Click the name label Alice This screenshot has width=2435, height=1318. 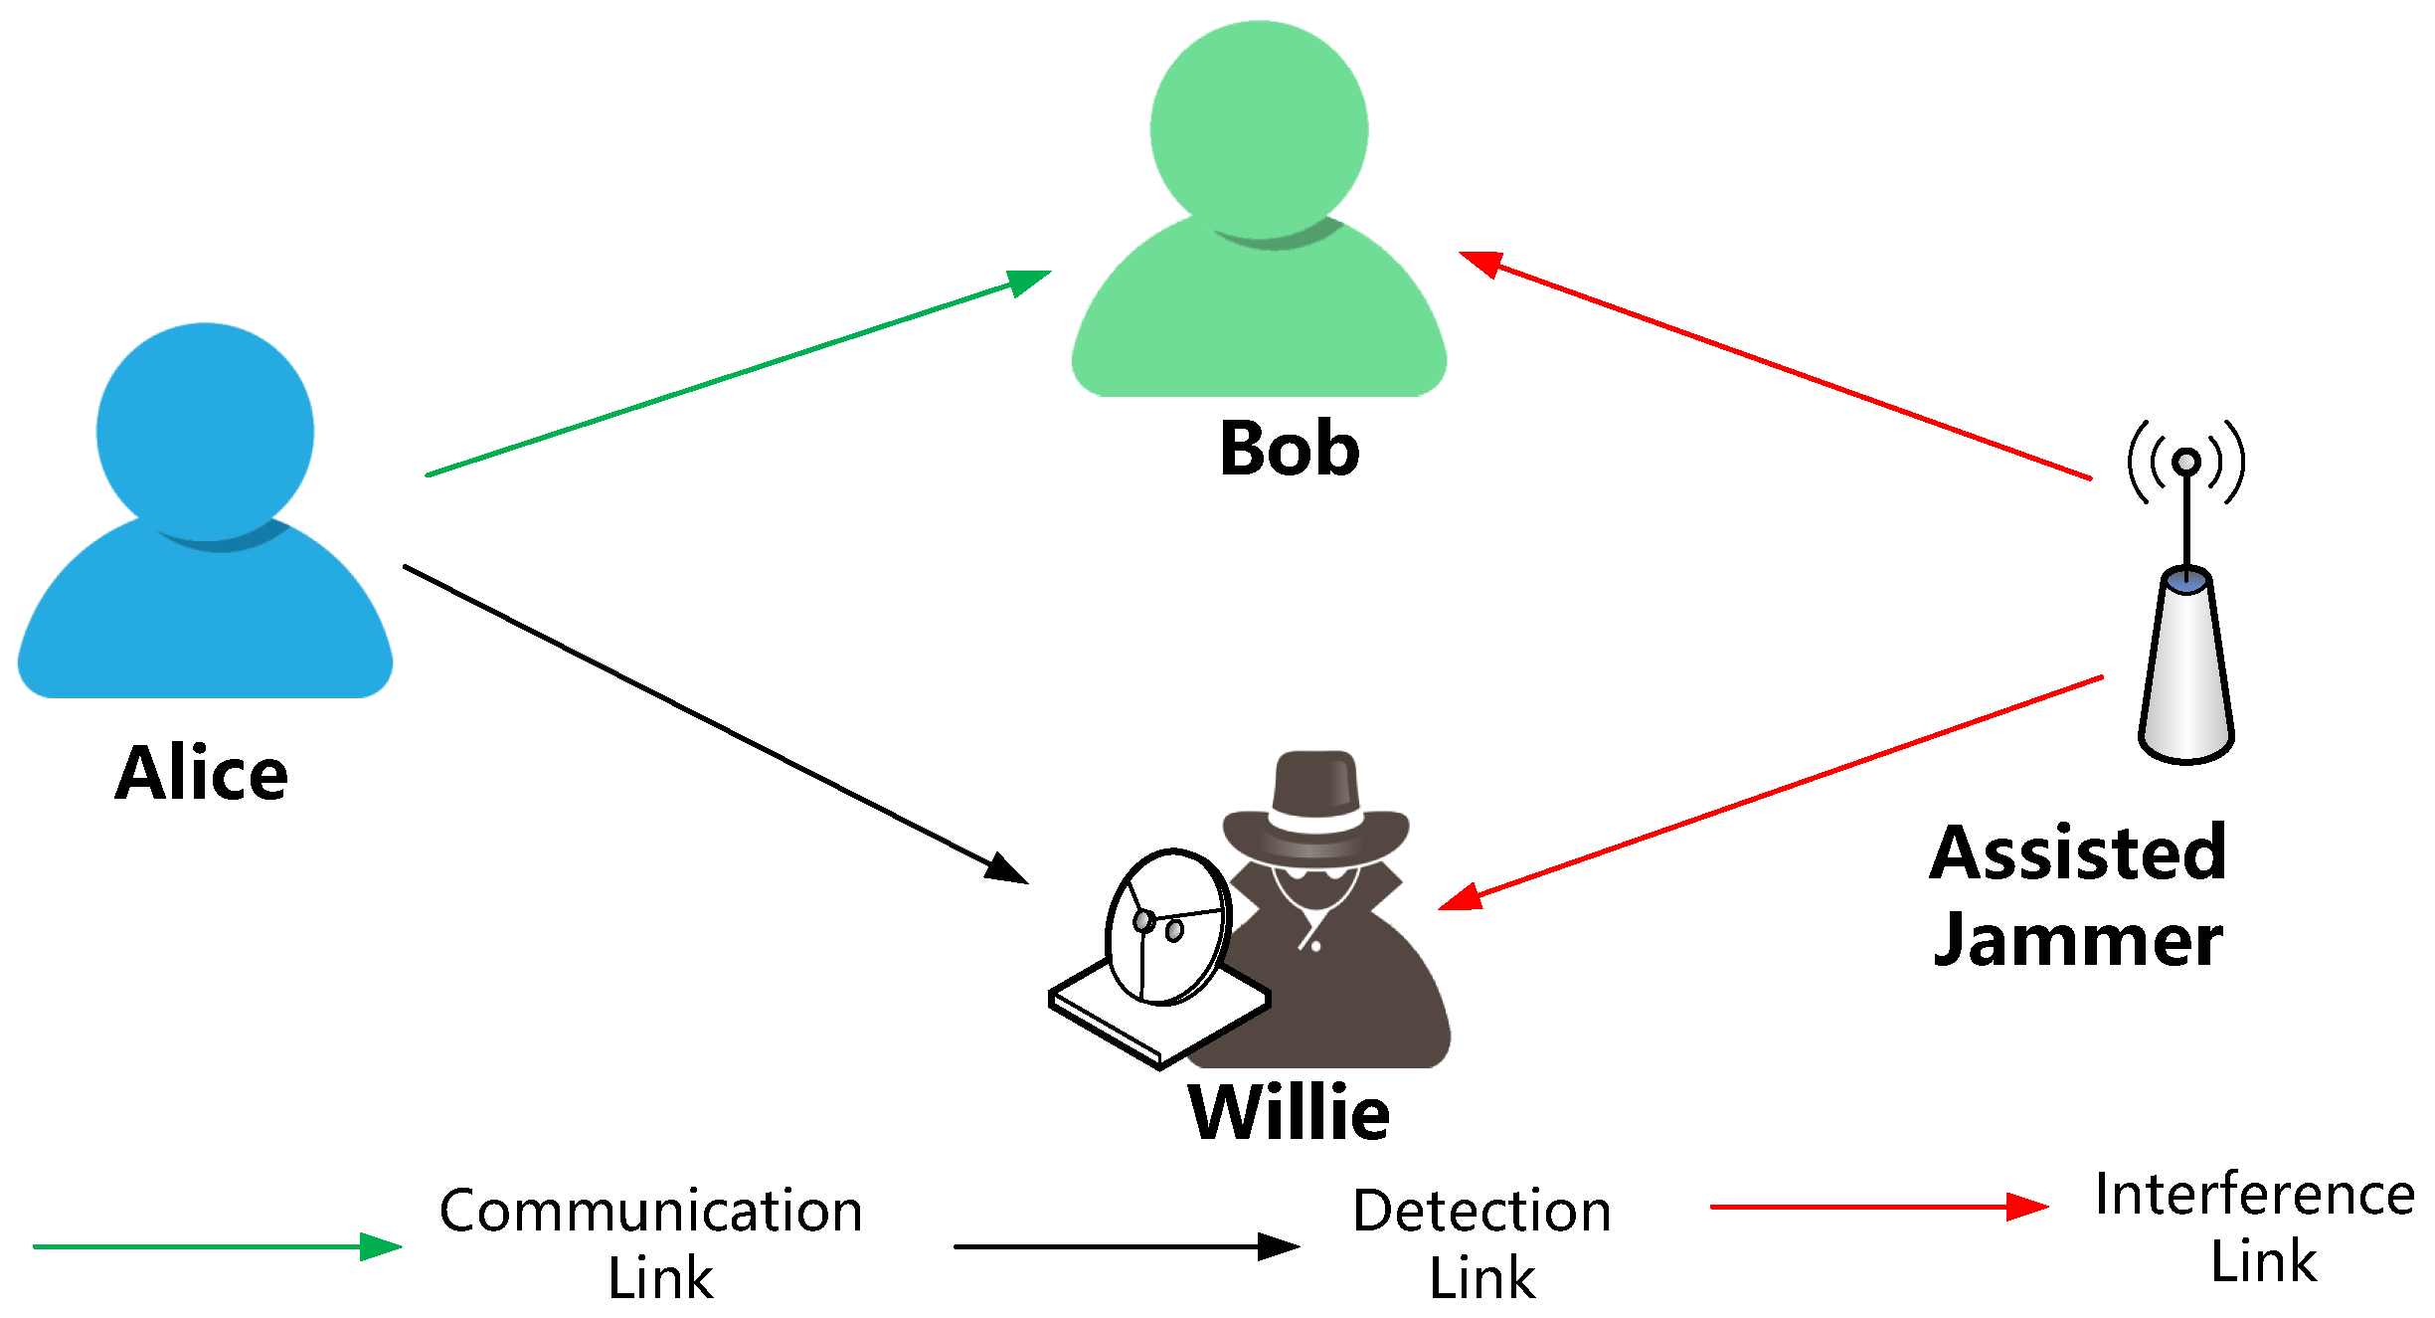pos(202,773)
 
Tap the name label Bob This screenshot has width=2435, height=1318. pos(1289,449)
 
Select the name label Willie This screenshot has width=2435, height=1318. pos(1289,1112)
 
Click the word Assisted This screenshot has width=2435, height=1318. pos(2078,853)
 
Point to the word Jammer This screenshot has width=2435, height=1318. pos(2078,940)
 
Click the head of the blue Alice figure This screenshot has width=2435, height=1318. pos(205,432)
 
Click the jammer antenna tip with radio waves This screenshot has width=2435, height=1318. pos(2185,462)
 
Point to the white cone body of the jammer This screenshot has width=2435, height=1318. pos(2185,676)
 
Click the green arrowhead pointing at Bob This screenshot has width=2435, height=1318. pos(1029,281)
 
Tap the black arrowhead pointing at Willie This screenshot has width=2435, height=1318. pos(1006,869)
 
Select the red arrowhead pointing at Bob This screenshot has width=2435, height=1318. pos(1480,262)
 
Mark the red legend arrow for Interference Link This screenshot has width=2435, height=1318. pos(1878,1207)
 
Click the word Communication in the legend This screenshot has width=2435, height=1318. pos(651,1212)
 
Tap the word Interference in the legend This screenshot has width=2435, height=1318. pos(2254,1195)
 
